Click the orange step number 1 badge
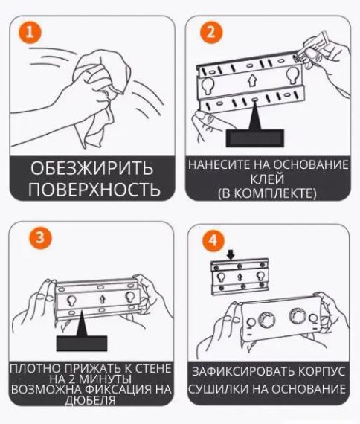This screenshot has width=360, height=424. click(28, 32)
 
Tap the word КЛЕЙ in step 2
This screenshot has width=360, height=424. click(267, 179)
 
